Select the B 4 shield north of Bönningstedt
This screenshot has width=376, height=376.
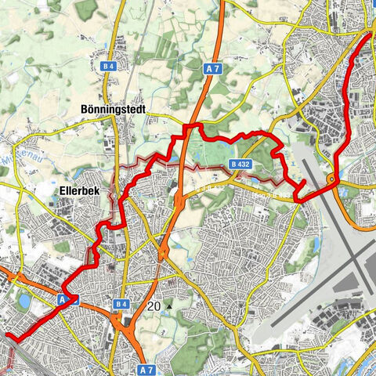click(x=110, y=69)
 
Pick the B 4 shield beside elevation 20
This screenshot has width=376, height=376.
click(x=121, y=304)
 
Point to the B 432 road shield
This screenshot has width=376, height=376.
click(x=240, y=164)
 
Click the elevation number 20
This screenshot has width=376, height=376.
click(x=153, y=306)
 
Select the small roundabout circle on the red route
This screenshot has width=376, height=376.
click(x=332, y=181)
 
